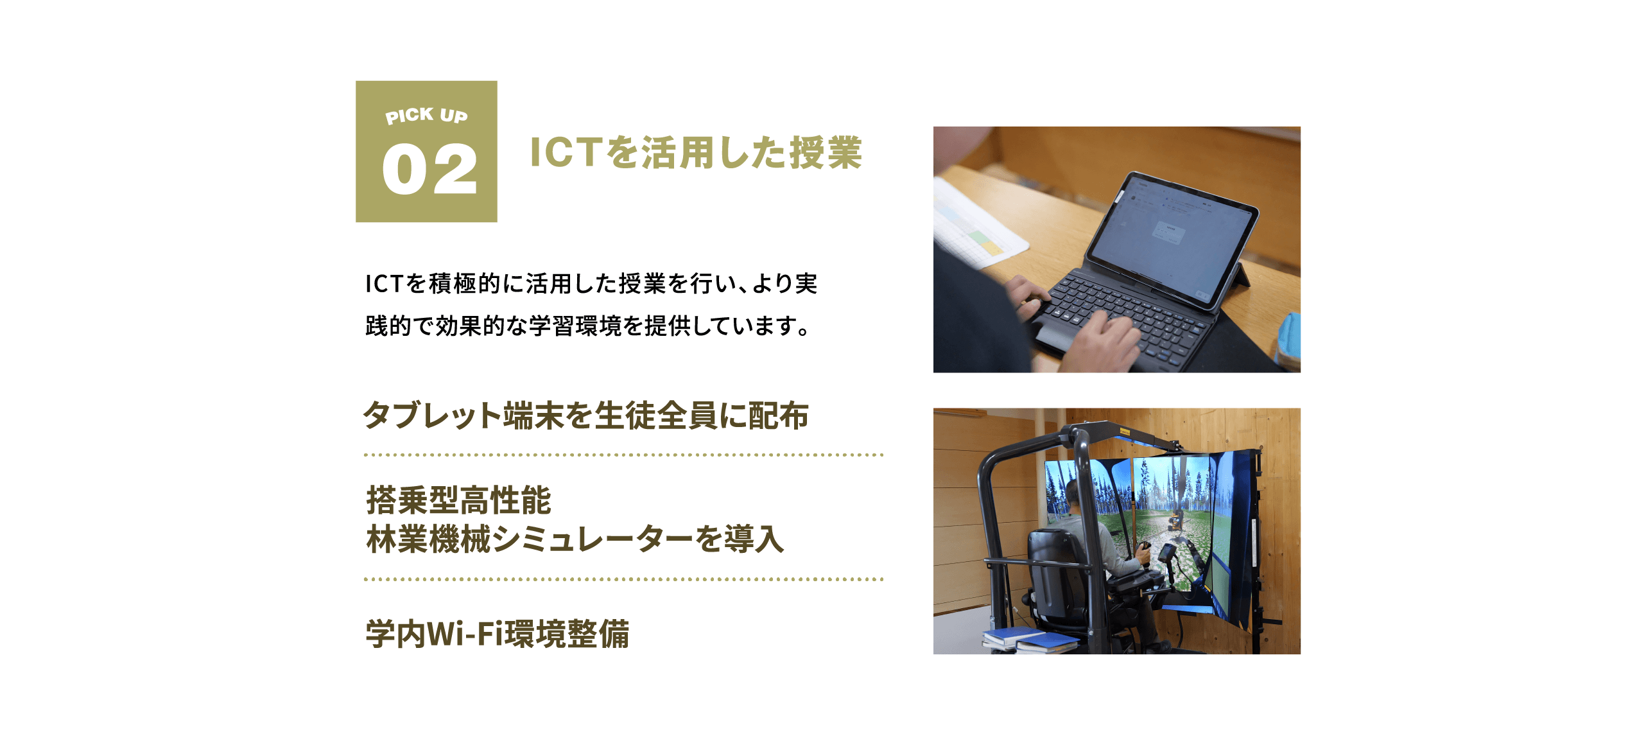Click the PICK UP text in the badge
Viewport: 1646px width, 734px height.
point(426,116)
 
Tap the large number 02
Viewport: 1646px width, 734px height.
point(429,170)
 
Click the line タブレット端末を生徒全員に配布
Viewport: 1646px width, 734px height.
point(585,415)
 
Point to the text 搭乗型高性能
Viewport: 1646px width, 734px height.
point(458,500)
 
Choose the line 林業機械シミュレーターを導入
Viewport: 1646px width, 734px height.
point(575,539)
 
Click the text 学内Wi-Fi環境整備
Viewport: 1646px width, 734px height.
point(498,634)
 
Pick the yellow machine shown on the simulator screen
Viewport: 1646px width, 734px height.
point(1175,519)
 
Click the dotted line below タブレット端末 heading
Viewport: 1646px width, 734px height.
point(623,455)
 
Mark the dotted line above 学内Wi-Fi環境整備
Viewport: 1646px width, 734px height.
point(623,579)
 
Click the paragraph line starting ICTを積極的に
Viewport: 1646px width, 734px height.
point(591,283)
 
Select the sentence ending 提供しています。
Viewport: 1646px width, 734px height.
point(587,326)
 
